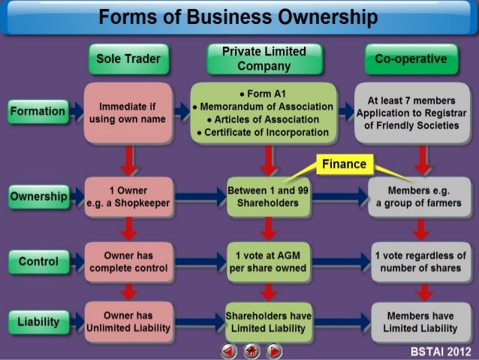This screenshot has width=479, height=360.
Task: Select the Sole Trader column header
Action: coord(128,59)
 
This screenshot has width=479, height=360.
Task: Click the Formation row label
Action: coord(37,112)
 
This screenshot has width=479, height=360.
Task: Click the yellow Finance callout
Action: coord(345,164)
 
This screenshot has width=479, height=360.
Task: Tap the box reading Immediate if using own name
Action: coord(128,112)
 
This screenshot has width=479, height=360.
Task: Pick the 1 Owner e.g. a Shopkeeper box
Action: coord(128,197)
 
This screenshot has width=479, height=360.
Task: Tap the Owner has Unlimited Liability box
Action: coord(128,322)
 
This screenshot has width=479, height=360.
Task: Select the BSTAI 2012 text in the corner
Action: coord(442,351)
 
